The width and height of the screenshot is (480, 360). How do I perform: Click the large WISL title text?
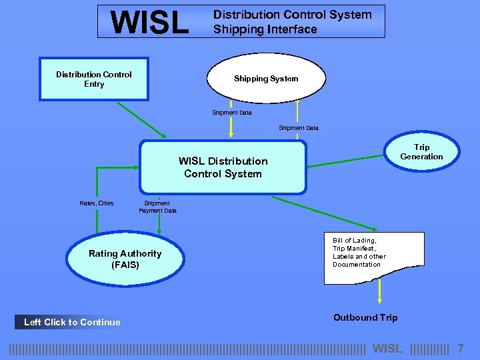(x=150, y=22)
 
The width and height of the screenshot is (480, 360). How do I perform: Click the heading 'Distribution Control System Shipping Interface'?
(x=292, y=22)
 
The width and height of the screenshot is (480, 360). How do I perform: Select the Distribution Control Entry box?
(x=94, y=79)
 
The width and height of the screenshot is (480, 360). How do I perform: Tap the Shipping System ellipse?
(x=266, y=79)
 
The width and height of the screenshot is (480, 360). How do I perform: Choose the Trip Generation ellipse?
(x=421, y=152)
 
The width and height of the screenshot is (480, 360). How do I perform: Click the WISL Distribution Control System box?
(x=223, y=167)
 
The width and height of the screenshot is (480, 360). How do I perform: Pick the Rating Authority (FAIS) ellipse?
(x=125, y=259)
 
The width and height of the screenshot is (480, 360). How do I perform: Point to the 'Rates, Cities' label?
(x=97, y=203)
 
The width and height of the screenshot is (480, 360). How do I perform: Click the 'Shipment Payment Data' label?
(x=158, y=207)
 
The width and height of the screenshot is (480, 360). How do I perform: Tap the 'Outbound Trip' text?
(x=365, y=317)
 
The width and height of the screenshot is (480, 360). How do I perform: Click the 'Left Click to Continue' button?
(x=72, y=322)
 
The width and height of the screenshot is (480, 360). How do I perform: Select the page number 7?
(x=461, y=349)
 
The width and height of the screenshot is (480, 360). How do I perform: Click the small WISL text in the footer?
(x=387, y=349)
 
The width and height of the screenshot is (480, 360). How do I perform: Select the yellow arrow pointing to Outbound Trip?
(x=380, y=293)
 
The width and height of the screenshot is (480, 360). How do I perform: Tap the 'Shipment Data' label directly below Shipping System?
(x=232, y=113)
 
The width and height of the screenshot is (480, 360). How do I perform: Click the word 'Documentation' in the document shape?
(x=357, y=265)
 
